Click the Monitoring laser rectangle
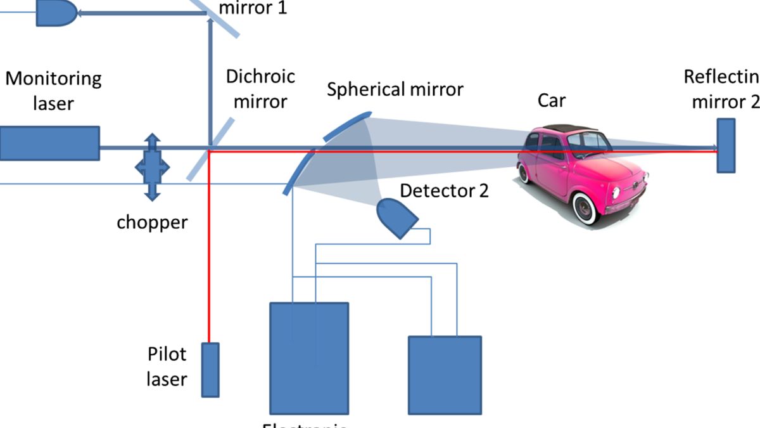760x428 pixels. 49,143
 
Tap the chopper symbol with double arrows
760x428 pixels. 152,167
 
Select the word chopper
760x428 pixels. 152,223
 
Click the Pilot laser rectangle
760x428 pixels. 210,370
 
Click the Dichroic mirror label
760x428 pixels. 261,89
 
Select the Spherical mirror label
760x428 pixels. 395,89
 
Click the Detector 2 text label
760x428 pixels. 445,190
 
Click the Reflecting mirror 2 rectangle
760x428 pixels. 726,146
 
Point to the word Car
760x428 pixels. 551,100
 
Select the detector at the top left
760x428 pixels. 56,12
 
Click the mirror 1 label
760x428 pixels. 252,9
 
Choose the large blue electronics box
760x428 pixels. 309,358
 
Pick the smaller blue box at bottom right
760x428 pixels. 445,374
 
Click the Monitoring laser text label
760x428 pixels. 53,91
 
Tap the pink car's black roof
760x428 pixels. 567,129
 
